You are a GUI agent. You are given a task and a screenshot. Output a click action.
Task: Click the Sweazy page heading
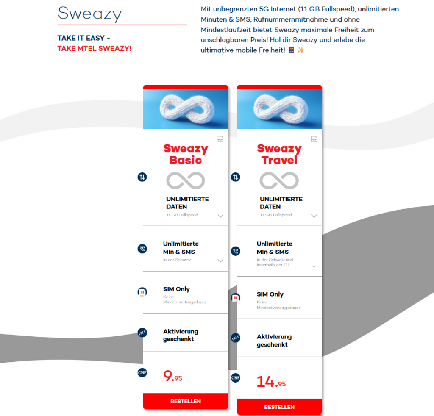(89, 14)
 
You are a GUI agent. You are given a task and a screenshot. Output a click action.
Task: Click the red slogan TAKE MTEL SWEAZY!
(95, 48)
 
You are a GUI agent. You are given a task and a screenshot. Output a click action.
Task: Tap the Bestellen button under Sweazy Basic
(186, 401)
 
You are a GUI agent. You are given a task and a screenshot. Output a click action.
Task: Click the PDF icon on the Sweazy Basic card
(220, 139)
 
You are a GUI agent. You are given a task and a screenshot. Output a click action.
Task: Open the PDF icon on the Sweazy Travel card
(314, 139)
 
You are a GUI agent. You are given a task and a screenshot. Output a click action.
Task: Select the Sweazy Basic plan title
(186, 154)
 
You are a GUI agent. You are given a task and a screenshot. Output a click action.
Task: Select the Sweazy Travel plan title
(279, 154)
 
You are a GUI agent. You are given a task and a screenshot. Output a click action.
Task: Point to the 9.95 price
(172, 376)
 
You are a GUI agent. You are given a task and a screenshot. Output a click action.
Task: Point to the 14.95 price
(271, 382)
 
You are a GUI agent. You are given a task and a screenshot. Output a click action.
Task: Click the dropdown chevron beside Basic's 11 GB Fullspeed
(220, 216)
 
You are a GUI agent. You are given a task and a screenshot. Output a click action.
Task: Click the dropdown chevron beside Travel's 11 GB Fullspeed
(314, 216)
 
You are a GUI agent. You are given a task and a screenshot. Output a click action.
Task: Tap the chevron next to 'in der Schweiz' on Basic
(220, 261)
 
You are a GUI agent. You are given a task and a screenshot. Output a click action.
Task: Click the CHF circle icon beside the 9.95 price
(142, 372)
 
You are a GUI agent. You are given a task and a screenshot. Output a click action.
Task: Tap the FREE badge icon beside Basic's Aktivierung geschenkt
(142, 333)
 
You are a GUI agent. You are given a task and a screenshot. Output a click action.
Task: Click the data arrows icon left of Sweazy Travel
(236, 177)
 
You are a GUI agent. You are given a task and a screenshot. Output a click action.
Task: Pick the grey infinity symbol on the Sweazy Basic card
(186, 181)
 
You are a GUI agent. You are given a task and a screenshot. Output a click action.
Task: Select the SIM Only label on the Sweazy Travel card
(270, 294)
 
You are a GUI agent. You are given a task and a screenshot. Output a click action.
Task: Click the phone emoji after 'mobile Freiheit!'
(291, 50)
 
